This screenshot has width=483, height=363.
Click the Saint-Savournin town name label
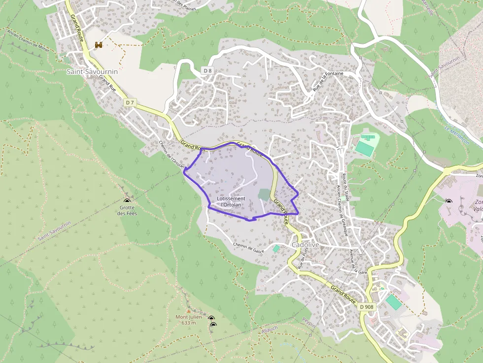coord(92,71)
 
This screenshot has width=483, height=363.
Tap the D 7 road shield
coord(130,102)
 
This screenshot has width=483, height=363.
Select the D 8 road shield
coord(207,71)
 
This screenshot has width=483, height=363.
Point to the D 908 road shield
coord(367,306)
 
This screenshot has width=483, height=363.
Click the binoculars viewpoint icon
coord(99,45)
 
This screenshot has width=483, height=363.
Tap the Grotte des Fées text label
coord(127,210)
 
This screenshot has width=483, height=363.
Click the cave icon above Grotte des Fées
coord(127,200)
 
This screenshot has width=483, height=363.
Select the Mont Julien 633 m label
coord(189,320)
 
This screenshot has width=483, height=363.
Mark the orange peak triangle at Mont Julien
coord(188,311)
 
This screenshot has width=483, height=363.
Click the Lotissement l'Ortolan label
coord(231,201)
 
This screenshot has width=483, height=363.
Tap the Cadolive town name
coord(306,245)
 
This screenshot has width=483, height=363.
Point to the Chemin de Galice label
coord(249,247)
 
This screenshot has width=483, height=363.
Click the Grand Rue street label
coord(107,83)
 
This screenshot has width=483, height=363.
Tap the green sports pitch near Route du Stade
coord(365,147)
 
